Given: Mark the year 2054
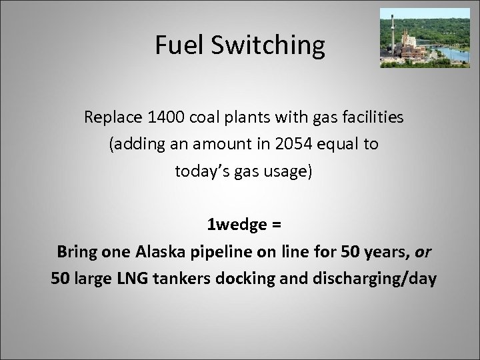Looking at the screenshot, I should pyautogui.click(x=267, y=144).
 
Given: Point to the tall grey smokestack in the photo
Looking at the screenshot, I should pyautogui.click(x=393, y=33).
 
